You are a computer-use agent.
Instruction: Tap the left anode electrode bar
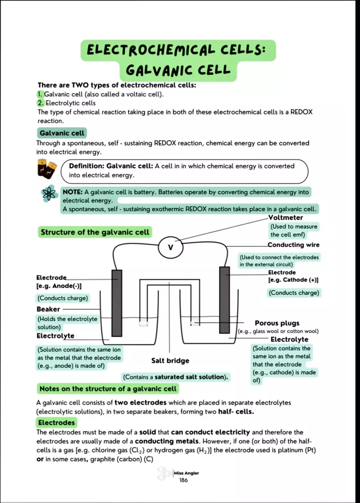(117, 303)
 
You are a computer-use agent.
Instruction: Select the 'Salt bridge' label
(170, 361)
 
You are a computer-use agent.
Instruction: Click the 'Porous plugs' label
(277, 323)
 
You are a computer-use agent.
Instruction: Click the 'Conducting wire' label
(293, 245)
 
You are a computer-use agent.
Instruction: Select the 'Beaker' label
(48, 309)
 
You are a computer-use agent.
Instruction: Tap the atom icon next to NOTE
(48, 194)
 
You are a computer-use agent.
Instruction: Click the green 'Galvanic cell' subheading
(62, 133)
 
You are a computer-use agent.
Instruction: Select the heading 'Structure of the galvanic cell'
(94, 232)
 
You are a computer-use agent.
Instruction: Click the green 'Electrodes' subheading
(56, 422)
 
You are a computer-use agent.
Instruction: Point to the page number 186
(183, 481)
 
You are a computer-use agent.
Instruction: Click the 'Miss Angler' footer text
(186, 473)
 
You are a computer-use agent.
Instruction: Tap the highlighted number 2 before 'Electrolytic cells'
(40, 103)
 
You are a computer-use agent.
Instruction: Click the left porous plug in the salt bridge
(143, 323)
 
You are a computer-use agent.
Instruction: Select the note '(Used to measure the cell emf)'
(293, 231)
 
